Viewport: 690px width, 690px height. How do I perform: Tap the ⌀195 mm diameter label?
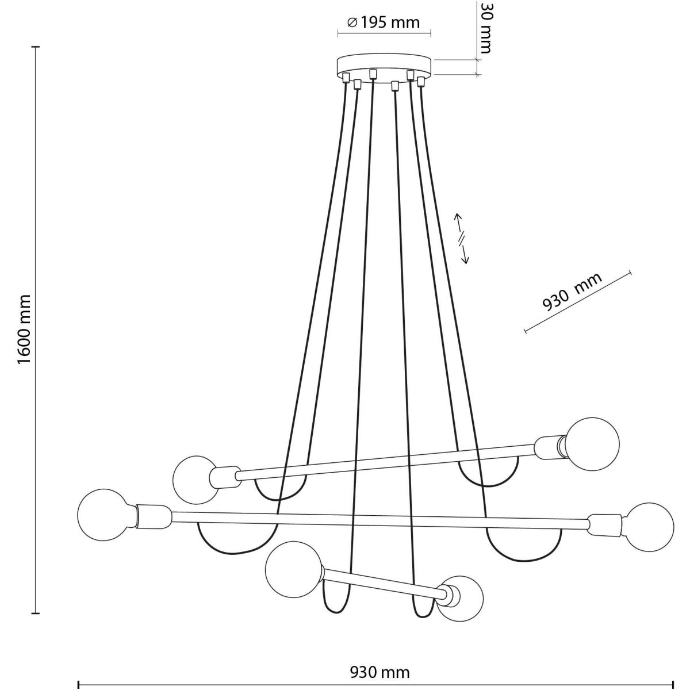tap(383, 23)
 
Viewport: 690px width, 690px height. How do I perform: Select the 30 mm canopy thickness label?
tap(485, 28)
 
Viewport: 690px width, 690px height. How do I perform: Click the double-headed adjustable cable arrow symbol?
tap(462, 239)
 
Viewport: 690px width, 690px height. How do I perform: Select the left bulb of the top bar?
tap(195, 480)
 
